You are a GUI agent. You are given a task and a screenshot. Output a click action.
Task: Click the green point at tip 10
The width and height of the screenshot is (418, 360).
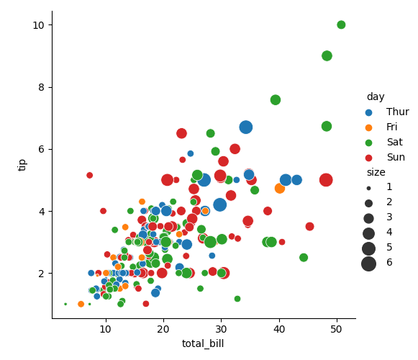(x=341, y=24)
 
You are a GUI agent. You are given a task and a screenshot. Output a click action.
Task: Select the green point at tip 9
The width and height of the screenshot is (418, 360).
(x=327, y=55)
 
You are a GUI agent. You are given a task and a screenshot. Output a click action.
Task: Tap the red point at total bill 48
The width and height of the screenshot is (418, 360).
(x=326, y=180)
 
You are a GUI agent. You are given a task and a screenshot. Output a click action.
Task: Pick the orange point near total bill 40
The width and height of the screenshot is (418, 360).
(x=280, y=188)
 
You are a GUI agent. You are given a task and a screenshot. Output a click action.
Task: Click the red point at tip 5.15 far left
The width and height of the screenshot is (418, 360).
(x=90, y=175)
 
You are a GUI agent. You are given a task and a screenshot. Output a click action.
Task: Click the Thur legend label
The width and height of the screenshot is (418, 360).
(x=397, y=112)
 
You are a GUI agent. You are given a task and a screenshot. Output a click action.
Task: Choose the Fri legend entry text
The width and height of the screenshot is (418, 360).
(x=393, y=127)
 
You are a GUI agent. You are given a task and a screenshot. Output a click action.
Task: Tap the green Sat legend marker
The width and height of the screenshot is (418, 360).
(x=370, y=142)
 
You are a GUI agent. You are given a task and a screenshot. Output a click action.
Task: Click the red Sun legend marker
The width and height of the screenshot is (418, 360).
(x=370, y=157)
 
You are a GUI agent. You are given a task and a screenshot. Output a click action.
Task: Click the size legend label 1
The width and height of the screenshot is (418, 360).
(x=389, y=187)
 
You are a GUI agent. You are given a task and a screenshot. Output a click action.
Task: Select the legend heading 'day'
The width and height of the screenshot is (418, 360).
(x=375, y=96)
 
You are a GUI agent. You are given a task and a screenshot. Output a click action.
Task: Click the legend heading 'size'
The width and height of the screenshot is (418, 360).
(x=376, y=172)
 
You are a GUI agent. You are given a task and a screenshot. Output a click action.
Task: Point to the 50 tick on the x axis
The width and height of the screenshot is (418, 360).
(x=336, y=328)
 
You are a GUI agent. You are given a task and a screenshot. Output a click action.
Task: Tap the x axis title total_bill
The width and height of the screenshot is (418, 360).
(x=203, y=344)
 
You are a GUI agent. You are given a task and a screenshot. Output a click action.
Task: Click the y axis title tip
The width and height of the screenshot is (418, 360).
(x=23, y=164)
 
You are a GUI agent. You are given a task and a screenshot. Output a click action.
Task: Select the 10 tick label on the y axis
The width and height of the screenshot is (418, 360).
(x=39, y=25)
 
